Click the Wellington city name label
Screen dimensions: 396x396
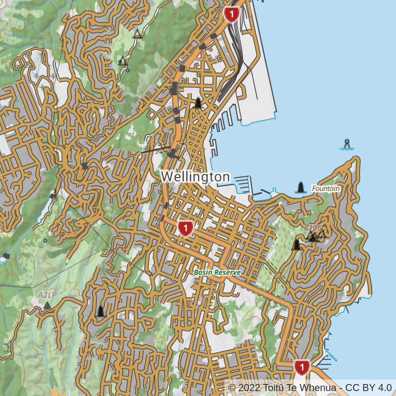[x=195, y=177]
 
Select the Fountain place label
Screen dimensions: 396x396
[x=326, y=189]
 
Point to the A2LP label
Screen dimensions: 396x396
[x=47, y=295]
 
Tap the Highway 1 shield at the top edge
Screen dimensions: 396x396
[x=232, y=14]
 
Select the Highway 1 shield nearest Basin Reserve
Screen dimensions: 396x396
[x=186, y=228]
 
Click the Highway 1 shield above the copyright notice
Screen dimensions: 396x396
[x=302, y=367]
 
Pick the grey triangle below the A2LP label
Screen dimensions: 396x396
[x=47, y=306]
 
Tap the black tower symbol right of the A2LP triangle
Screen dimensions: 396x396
[x=100, y=311]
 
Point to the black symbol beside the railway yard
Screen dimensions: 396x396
[x=199, y=103]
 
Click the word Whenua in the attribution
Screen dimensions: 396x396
[x=316, y=388]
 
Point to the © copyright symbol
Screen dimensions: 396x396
[x=232, y=388]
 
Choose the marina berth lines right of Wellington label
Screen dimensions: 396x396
[x=243, y=184]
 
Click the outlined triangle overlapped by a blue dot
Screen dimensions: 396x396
[x=122, y=61]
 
